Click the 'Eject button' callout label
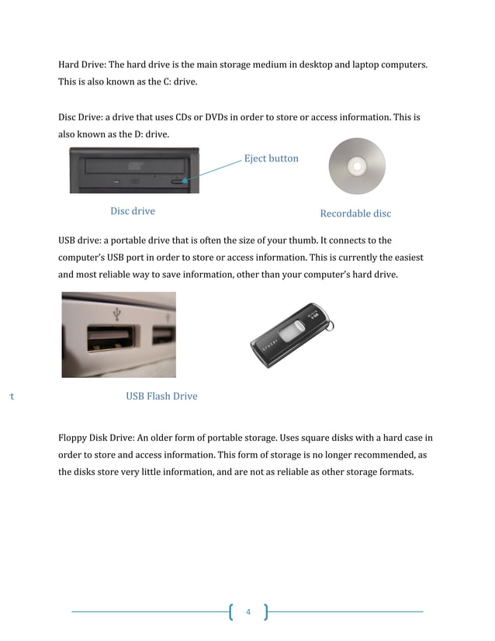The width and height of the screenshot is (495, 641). (271, 158)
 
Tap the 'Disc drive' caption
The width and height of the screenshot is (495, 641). (133, 211)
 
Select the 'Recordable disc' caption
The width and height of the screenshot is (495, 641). (355, 213)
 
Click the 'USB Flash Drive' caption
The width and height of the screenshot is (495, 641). (161, 396)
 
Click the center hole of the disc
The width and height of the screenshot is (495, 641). (358, 166)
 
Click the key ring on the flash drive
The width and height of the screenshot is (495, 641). (329, 320)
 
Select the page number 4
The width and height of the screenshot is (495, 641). (248, 612)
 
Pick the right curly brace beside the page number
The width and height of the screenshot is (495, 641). (265, 612)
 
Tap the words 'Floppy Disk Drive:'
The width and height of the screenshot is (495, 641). (96, 438)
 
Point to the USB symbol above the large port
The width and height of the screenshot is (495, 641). (117, 314)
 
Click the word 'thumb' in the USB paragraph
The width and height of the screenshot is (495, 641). (344, 241)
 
